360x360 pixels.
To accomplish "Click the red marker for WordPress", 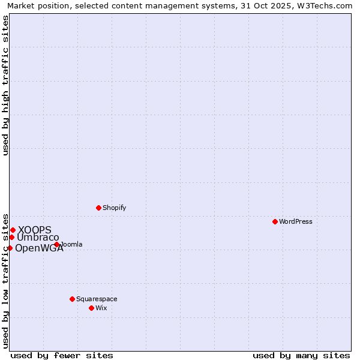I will (x=275, y=221).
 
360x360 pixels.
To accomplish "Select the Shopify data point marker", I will (x=98, y=208).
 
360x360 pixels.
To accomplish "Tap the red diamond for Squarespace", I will (x=72, y=299).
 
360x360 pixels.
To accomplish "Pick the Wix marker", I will (x=91, y=308).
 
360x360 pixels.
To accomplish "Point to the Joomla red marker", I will (x=56, y=244).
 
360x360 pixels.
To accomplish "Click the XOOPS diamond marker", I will (x=13, y=230).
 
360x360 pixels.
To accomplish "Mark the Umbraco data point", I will (x=11, y=237).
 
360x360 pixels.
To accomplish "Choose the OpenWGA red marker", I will (x=10, y=248).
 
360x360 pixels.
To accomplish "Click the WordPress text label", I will (x=296, y=221).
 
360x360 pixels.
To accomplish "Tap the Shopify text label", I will (x=114, y=208).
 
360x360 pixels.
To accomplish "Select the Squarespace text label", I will (x=97, y=299).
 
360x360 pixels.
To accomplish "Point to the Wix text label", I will (x=101, y=308).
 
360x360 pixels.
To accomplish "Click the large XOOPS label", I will (x=35, y=230).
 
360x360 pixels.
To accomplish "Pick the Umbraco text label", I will (x=38, y=238).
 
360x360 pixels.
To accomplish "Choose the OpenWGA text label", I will (x=39, y=248).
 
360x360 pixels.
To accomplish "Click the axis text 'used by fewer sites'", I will (x=62, y=355).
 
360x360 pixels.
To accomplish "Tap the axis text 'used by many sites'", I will (x=301, y=355).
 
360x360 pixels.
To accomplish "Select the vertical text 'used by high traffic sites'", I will (x=5, y=85).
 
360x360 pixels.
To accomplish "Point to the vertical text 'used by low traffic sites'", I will (x=5, y=280).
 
